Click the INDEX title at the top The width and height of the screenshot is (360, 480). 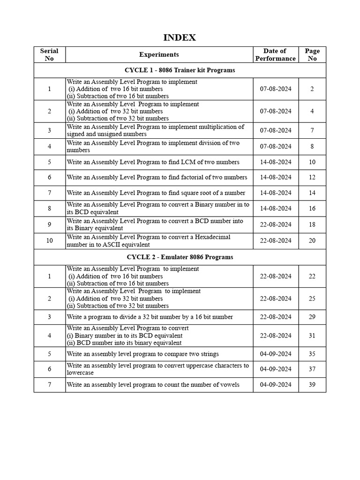pyautogui.click(x=180, y=37)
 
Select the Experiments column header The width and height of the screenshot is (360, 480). pyautogui.click(x=159, y=54)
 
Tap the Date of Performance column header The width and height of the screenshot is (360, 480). pyautogui.click(x=275, y=54)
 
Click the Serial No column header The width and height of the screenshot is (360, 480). pyautogui.click(x=49, y=54)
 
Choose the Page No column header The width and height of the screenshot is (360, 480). pyautogui.click(x=312, y=54)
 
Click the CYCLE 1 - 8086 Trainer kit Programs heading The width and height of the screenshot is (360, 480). pyautogui.click(x=180, y=70)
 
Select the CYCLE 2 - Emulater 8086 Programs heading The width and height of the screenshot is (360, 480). pyautogui.click(x=180, y=257)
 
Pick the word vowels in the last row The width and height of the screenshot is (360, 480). pyautogui.click(x=230, y=385)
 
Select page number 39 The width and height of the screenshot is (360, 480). pyautogui.click(x=312, y=385)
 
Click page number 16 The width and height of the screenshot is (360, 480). pyautogui.click(x=312, y=209)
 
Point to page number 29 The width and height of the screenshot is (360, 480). pyautogui.click(x=312, y=317)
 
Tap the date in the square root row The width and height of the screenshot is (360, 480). pyautogui.click(x=275, y=193)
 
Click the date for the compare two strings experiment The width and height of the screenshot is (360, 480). pyautogui.click(x=275, y=354)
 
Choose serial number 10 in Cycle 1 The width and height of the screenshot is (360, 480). pyautogui.click(x=49, y=240)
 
